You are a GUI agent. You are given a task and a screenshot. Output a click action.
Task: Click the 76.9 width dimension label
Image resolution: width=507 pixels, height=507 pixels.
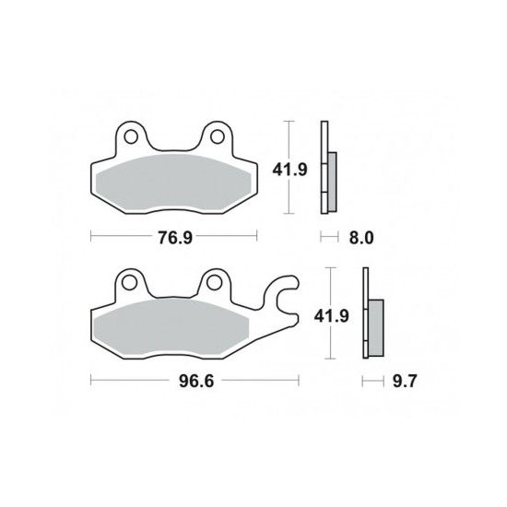click(175, 238)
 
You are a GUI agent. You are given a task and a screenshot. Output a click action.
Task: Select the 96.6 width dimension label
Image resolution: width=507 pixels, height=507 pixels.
click(196, 382)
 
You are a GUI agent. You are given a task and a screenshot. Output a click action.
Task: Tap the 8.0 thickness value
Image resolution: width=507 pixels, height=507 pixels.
click(361, 238)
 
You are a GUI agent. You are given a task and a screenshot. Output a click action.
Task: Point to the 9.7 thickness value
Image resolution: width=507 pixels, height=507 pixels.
click(405, 382)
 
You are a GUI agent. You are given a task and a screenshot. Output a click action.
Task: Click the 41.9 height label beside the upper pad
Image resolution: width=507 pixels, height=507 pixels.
click(289, 170)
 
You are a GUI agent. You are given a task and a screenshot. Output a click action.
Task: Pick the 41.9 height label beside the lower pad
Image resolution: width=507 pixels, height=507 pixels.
click(332, 316)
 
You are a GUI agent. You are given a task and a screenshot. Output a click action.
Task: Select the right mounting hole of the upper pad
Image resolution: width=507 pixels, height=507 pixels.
click(218, 136)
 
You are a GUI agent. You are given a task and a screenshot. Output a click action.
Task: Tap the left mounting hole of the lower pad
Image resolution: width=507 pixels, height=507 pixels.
click(128, 283)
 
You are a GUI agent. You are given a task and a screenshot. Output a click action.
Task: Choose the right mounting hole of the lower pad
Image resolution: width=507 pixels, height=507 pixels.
click(214, 283)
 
